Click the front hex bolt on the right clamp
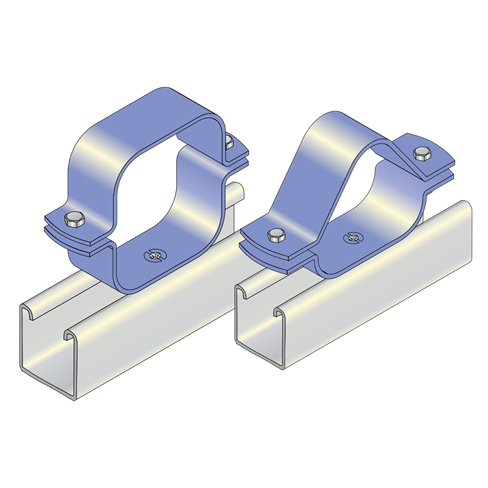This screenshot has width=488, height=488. click(275, 236)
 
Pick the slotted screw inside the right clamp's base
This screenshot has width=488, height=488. click(352, 238)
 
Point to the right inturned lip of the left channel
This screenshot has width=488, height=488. click(70, 334)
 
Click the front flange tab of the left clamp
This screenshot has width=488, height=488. click(75, 232)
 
